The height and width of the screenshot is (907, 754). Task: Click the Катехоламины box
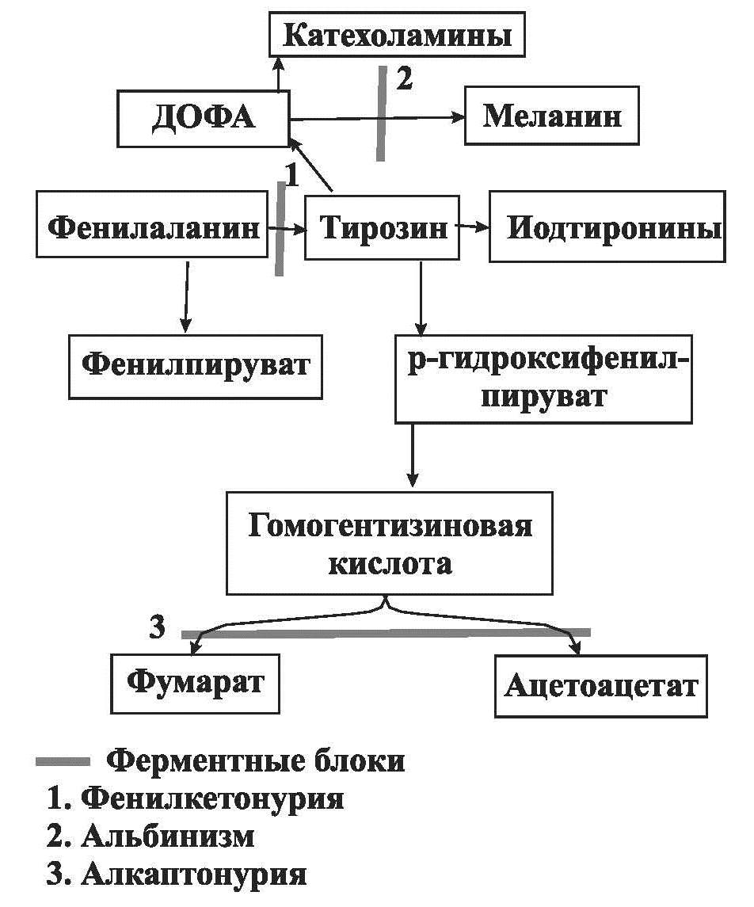(397, 36)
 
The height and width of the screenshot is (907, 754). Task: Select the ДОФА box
(203, 118)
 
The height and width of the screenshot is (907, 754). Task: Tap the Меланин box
(551, 117)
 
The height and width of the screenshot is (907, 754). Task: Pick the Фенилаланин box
(153, 228)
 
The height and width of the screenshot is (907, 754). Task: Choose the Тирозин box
(382, 228)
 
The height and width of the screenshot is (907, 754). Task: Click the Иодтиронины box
(607, 228)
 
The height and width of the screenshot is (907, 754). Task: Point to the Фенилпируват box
(196, 366)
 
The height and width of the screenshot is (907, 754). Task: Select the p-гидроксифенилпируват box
(543, 379)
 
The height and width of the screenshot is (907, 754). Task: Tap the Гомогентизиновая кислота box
(390, 543)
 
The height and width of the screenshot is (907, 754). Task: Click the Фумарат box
(195, 682)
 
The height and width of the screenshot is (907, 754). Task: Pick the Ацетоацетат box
(600, 685)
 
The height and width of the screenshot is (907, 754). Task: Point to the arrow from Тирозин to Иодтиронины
(474, 227)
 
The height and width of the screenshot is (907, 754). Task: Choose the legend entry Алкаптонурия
(193, 875)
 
